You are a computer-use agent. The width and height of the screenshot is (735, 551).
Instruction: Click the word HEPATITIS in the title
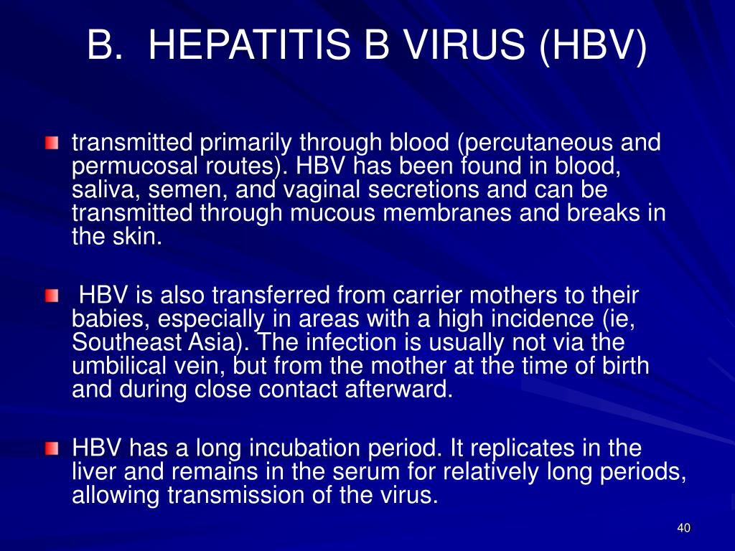[249, 44]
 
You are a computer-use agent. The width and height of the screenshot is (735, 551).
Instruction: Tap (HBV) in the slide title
[593, 46]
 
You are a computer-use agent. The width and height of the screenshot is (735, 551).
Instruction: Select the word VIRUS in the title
[464, 44]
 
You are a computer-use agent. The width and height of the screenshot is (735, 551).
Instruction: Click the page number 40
[684, 528]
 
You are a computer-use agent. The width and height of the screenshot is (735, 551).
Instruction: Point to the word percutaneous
[535, 143]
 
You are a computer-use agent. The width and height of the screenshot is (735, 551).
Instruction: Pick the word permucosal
[134, 166]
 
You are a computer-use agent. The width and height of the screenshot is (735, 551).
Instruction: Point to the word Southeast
[126, 342]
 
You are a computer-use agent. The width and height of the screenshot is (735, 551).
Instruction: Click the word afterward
[398, 390]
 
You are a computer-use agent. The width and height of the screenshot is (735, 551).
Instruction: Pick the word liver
[93, 472]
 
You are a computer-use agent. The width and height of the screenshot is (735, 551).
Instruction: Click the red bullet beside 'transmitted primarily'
[52, 143]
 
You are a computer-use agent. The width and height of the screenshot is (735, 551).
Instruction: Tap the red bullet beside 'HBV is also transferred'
[52, 296]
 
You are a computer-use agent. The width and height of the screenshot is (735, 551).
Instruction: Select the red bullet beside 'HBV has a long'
[52, 449]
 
